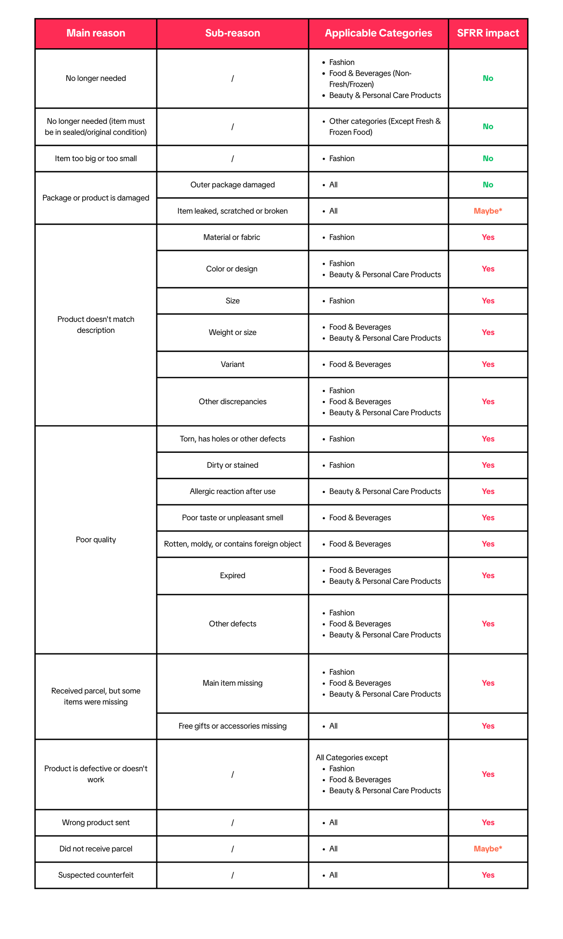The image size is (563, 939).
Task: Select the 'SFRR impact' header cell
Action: pyautogui.click(x=487, y=33)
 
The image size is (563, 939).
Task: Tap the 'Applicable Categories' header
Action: pyautogui.click(x=378, y=33)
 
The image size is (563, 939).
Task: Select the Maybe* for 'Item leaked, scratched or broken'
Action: pyautogui.click(x=487, y=211)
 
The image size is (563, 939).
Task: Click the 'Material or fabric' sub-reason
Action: pyautogui.click(x=231, y=237)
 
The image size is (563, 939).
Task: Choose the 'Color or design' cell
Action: pyautogui.click(x=231, y=268)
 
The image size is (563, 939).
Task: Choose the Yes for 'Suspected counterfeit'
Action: pyautogui.click(x=487, y=874)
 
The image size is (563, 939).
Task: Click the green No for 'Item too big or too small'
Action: pyautogui.click(x=487, y=158)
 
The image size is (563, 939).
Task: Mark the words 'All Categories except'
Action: pyautogui.click(x=352, y=757)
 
